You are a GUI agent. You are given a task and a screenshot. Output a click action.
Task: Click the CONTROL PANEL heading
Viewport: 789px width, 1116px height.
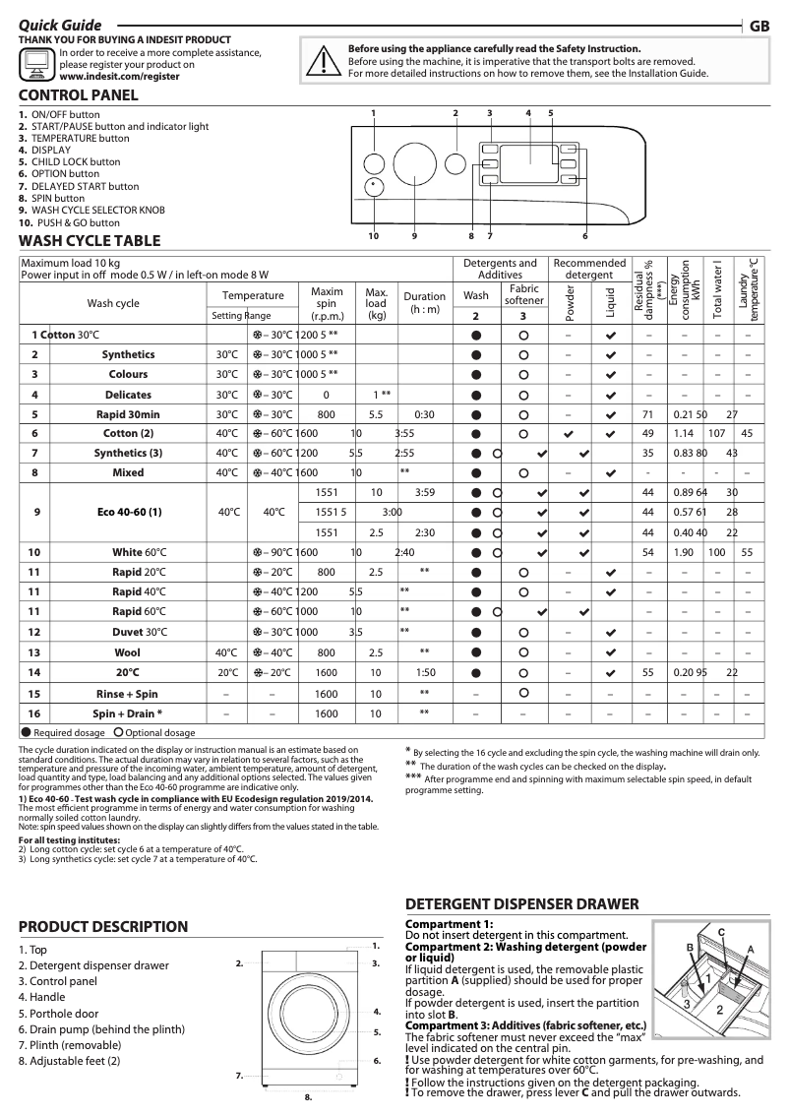click(79, 95)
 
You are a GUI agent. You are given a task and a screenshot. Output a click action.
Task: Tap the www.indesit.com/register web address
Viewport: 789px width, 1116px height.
click(119, 75)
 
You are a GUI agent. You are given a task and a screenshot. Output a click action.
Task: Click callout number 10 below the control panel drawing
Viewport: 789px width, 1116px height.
click(374, 236)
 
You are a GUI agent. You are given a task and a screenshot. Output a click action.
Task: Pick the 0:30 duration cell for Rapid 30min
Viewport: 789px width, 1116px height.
click(424, 414)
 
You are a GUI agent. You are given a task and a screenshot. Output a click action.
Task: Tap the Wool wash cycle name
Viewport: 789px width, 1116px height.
click(128, 652)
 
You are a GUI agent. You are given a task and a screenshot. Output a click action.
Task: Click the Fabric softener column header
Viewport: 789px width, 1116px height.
click(524, 294)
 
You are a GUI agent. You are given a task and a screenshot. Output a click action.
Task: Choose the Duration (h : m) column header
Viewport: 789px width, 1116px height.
click(424, 302)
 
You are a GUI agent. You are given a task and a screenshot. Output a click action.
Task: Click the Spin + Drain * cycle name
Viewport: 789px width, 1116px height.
click(128, 713)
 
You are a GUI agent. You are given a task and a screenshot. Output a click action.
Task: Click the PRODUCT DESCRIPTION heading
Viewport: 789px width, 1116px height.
click(103, 926)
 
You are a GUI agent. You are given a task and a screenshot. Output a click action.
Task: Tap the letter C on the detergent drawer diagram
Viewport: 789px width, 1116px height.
click(721, 931)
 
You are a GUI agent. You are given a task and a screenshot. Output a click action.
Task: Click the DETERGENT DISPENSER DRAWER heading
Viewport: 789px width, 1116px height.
click(521, 903)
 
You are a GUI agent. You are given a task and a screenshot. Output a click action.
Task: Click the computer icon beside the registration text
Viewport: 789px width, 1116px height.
click(37, 64)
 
